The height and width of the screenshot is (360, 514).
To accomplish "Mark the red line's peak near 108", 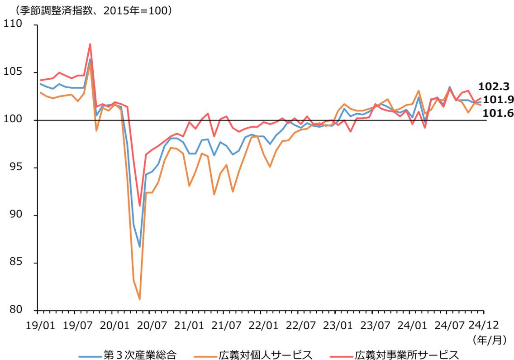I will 90,44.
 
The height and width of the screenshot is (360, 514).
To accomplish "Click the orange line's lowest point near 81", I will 139,299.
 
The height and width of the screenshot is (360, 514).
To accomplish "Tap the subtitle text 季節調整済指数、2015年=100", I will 89,9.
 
